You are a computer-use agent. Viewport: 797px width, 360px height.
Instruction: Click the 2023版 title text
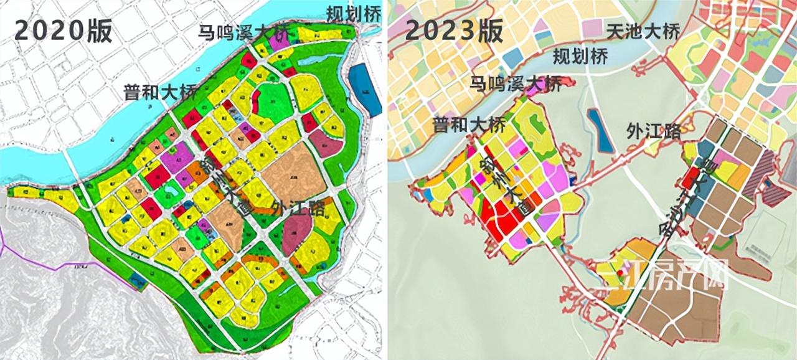(454, 29)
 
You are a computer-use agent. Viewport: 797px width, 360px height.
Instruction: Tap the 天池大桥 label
(643, 30)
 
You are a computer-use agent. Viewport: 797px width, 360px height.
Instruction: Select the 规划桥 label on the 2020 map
(353, 13)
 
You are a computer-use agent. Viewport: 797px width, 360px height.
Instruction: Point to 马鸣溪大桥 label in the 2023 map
(515, 82)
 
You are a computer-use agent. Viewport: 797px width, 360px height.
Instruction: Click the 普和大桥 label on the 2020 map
(159, 93)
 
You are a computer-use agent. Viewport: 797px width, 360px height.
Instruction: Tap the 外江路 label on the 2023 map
(653, 131)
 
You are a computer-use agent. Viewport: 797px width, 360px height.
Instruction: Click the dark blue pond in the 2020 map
(365, 90)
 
